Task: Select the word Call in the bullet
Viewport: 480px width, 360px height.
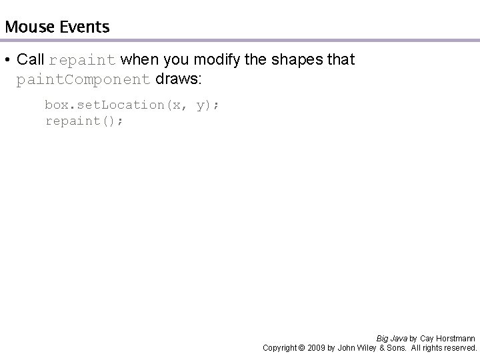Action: coord(31,59)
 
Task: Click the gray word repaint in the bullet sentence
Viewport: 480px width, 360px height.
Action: coord(83,60)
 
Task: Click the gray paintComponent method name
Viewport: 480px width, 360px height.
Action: coord(83,80)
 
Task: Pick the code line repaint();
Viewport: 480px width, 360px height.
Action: coord(84,121)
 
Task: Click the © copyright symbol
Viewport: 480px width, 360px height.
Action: coord(301,348)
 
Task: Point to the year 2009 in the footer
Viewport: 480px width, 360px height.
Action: coord(317,348)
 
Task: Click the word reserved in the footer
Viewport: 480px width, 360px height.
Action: coord(460,348)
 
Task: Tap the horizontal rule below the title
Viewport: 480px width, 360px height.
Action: coord(240,41)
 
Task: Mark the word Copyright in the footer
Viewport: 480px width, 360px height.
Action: coord(279,348)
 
